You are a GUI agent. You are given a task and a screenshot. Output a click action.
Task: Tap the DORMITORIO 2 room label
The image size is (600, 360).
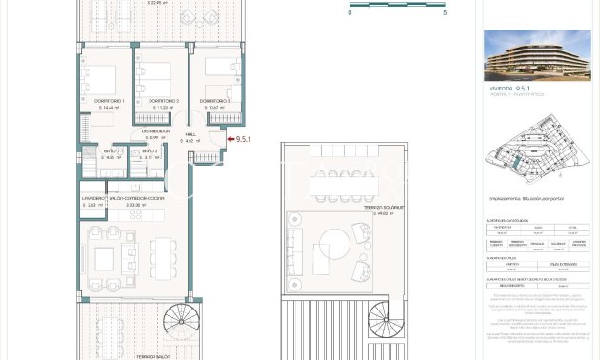pos(164,101)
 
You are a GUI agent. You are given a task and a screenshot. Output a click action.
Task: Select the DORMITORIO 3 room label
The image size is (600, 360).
pos(214,101)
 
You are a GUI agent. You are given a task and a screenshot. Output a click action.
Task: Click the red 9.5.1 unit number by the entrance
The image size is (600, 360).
pos(243,139)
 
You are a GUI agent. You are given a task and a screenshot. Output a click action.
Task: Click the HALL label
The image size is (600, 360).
pos(190,134)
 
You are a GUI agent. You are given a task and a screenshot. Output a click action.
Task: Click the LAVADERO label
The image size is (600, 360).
pos(92,198)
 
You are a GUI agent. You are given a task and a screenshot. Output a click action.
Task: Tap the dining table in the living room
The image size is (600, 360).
pos(163,255)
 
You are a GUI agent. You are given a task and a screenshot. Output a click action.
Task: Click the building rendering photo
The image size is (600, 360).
pos(537,55)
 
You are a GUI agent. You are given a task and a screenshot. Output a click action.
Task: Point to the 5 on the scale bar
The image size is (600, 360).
pos(444,13)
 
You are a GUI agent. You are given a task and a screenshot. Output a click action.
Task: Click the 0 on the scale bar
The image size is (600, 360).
pos(350,13)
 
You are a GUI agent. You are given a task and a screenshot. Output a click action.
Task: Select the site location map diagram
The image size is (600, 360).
pos(537,150)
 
